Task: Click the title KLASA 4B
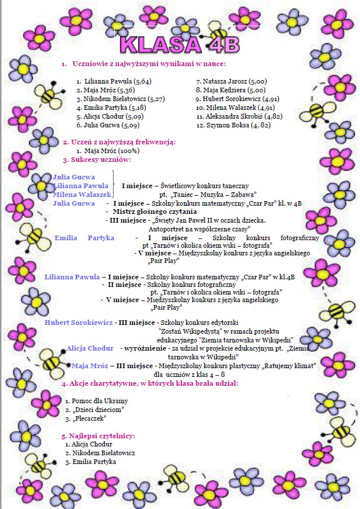(179, 43)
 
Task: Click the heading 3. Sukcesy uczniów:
(97, 160)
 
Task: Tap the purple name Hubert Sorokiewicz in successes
(78, 322)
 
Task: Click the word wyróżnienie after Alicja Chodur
(144, 348)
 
